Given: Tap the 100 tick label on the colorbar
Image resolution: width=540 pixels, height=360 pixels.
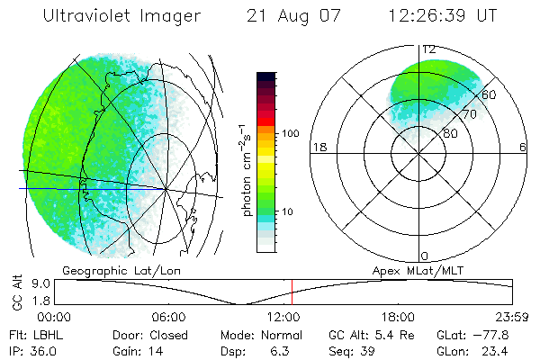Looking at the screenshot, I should pos(292,132).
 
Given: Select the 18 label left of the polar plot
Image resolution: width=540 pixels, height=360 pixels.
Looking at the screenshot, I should pos(318,148).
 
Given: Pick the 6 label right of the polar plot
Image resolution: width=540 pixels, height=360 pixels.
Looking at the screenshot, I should pos(524,148).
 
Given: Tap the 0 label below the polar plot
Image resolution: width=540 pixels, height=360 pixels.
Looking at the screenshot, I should pos(425,256).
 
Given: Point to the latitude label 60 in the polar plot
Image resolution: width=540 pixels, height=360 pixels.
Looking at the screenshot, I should pos(490,94).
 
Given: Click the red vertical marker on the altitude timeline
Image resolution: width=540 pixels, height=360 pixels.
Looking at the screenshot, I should pos(292,292).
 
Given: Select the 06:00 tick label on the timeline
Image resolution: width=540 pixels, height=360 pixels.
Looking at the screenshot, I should pos(168,317).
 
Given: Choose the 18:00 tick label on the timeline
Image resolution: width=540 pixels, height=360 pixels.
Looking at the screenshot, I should pos(398,317).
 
